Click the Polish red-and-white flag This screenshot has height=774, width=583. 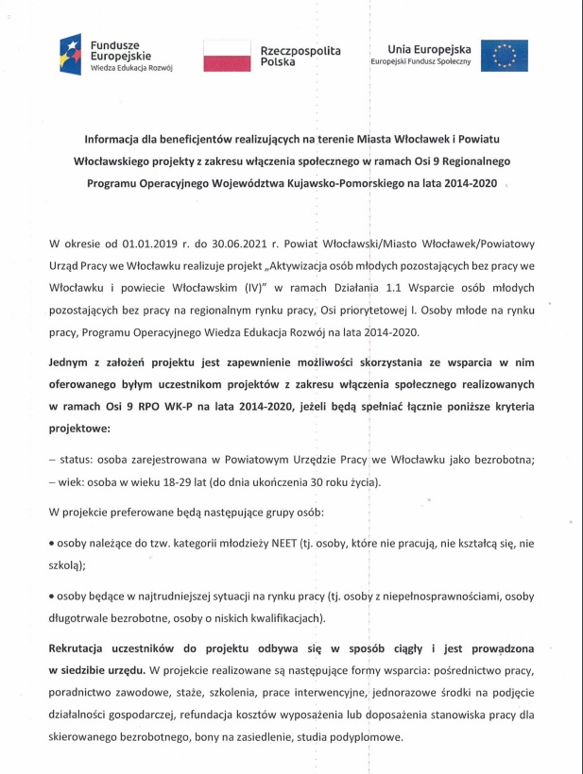click(x=223, y=56)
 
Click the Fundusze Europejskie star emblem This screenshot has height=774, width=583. click(x=71, y=55)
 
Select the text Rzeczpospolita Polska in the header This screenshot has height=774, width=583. click(x=300, y=56)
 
